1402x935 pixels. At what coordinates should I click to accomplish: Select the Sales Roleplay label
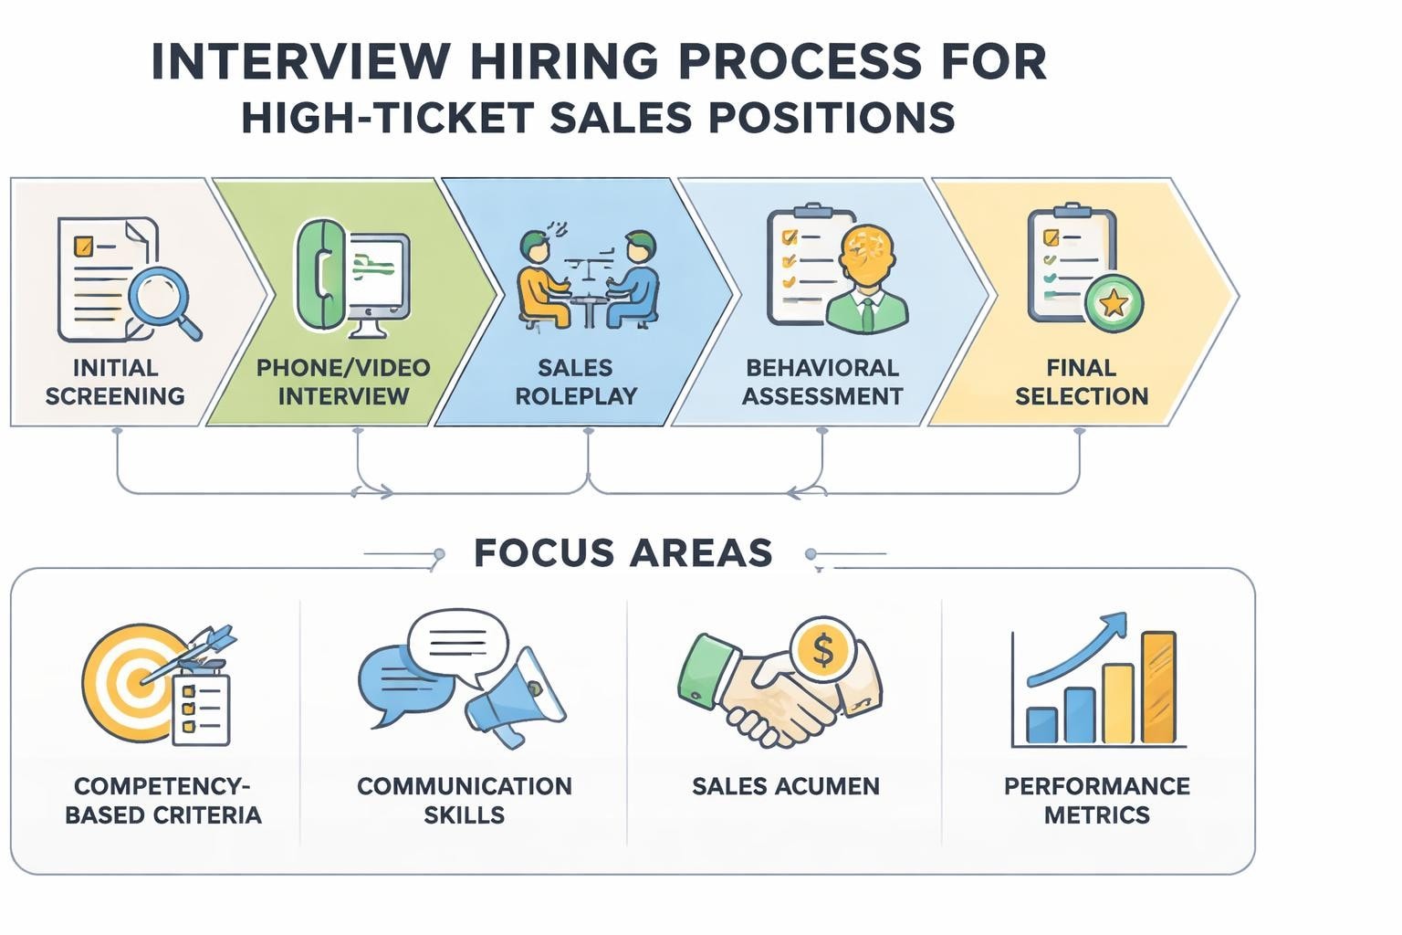point(575,382)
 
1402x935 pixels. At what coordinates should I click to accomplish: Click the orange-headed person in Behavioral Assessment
point(866,274)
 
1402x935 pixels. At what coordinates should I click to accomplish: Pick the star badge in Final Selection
point(1113,301)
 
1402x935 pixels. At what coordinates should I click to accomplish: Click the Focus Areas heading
point(623,553)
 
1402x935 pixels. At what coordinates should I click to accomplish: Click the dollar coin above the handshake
point(822,649)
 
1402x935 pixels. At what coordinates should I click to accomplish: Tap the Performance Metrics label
point(1096,800)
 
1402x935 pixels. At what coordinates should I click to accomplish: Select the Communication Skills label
point(464,800)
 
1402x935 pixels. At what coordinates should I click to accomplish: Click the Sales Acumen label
point(785,786)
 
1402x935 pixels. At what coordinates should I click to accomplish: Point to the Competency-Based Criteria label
point(162,800)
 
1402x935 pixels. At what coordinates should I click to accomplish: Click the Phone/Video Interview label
point(343,382)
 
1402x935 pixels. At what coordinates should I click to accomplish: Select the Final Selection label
point(1082,382)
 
